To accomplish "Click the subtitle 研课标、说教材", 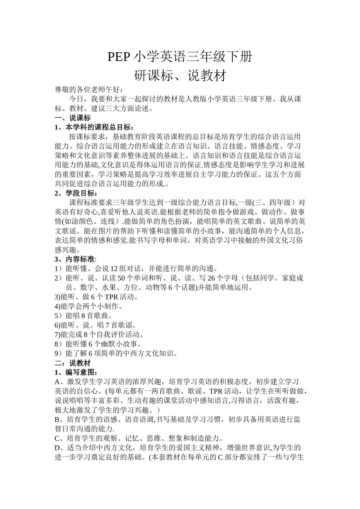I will pos(180,76).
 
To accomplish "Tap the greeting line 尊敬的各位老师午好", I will pos(89,90).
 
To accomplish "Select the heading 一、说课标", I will pos(73,118).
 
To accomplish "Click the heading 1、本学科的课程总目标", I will pos(94,127).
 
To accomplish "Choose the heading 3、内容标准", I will pos(75,259).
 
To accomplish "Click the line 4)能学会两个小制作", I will pos(89,306).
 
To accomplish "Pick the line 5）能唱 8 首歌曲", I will pos(84,315).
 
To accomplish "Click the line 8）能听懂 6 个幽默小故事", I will pos(98,344).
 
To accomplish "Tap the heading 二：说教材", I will pos(73,363).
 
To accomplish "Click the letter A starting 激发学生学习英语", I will pos(58,381).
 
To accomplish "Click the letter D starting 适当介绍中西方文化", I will pos(58,448).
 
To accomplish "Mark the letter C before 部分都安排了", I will pos(219,457).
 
